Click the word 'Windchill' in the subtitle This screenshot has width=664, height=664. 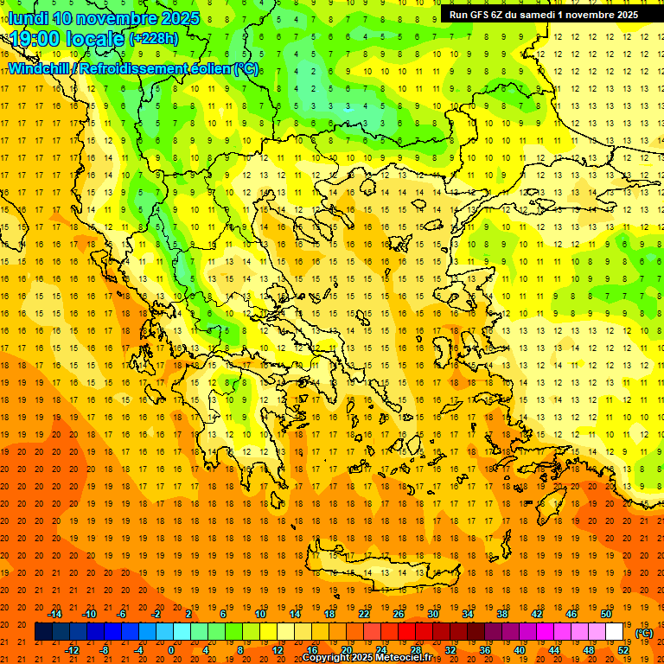(41, 68)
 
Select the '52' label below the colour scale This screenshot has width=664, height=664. (623, 649)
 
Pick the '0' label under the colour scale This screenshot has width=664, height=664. (170, 649)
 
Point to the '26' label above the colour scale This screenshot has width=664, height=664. (399, 614)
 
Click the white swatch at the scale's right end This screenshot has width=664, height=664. (615, 632)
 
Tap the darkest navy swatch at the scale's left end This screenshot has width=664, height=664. (43, 632)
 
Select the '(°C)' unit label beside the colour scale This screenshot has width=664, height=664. (644, 632)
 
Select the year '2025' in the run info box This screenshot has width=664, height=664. (622, 15)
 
